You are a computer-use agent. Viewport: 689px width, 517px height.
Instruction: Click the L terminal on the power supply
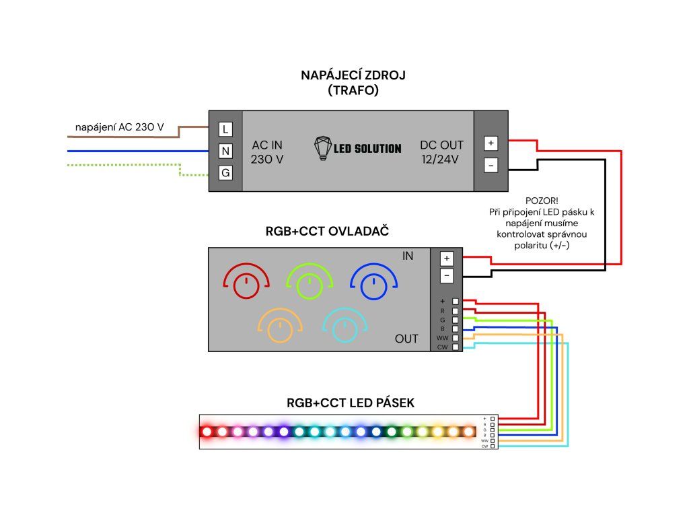point(225,129)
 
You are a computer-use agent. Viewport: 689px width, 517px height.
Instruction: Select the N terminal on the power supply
point(225,151)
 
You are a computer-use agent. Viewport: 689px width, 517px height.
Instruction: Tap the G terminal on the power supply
point(225,173)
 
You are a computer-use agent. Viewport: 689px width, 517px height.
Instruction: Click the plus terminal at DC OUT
point(491,143)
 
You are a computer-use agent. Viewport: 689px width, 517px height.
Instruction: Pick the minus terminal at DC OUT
point(491,164)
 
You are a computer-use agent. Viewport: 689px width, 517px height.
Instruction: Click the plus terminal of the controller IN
point(446,258)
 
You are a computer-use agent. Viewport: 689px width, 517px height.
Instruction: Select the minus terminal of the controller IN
point(446,275)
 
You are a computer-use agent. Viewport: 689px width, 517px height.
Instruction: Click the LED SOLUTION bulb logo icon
point(324,148)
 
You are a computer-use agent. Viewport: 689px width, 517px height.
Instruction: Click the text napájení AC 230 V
point(119,127)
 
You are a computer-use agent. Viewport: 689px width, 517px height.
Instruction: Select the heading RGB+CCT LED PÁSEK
point(350,403)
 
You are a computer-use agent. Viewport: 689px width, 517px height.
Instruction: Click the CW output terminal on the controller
point(456,347)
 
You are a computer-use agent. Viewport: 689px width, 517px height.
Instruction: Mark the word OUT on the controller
point(406,339)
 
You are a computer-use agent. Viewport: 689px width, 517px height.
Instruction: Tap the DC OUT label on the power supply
point(442,145)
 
